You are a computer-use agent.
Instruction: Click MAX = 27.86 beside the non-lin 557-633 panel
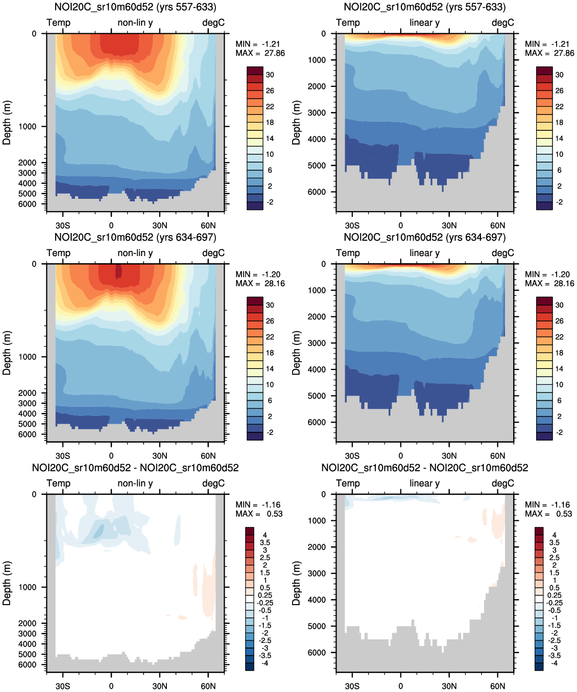click(260, 53)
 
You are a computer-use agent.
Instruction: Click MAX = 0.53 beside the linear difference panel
click(549, 514)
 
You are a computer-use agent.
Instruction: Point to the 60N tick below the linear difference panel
click(497, 686)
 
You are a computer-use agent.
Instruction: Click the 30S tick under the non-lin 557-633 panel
click(63, 225)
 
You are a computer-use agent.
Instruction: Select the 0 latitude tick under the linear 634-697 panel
click(401, 456)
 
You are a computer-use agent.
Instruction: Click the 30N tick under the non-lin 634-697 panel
click(160, 456)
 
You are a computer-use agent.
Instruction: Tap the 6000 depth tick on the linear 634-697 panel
click(317, 422)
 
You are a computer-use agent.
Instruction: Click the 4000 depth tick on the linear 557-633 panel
click(317, 139)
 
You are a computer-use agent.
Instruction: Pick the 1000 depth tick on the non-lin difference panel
click(27, 587)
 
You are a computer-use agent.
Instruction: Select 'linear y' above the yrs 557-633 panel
click(424, 22)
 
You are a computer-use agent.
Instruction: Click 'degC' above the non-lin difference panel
click(213, 483)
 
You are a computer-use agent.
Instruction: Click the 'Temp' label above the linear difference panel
click(348, 483)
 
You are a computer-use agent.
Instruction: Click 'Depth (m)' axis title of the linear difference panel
click(296, 583)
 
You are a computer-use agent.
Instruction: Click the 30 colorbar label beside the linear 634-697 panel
click(560, 305)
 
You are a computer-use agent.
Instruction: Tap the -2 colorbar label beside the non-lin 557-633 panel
click(270, 202)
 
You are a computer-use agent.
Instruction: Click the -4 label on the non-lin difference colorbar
click(265, 663)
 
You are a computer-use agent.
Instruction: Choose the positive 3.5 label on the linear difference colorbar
click(555, 542)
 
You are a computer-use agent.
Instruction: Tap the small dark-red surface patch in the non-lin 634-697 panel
click(118, 271)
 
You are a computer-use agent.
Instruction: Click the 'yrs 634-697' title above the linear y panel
click(425, 237)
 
